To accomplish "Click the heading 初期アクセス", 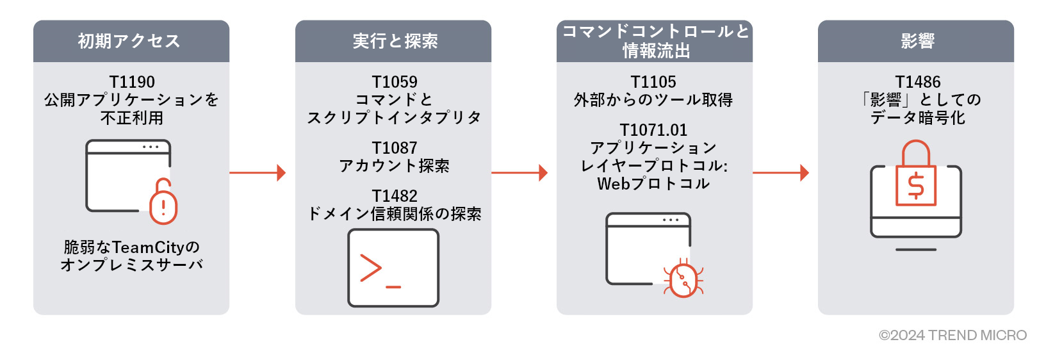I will pos(129,41).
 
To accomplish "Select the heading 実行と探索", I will pos(395,41).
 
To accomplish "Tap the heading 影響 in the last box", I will pos(917,41).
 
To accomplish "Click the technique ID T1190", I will pos(132,82).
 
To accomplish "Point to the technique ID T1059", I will pos(395,82).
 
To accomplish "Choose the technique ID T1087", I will pos(395,148).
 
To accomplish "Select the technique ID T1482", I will pos(395,196).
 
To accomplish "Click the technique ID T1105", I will pos(653,82).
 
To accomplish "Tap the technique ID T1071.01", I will pos(653,130).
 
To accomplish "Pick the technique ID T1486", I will pos(917,82).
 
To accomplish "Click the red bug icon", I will pos(683,280).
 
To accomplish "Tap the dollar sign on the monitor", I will pos(916,186).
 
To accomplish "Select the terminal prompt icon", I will pos(393,268).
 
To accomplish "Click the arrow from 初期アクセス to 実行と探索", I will pos(257,172).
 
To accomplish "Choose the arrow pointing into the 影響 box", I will pos(781,172).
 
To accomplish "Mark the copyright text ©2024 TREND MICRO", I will pos(952,335).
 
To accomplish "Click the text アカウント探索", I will pos(395,166).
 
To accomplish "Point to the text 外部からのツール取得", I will pos(653,100).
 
